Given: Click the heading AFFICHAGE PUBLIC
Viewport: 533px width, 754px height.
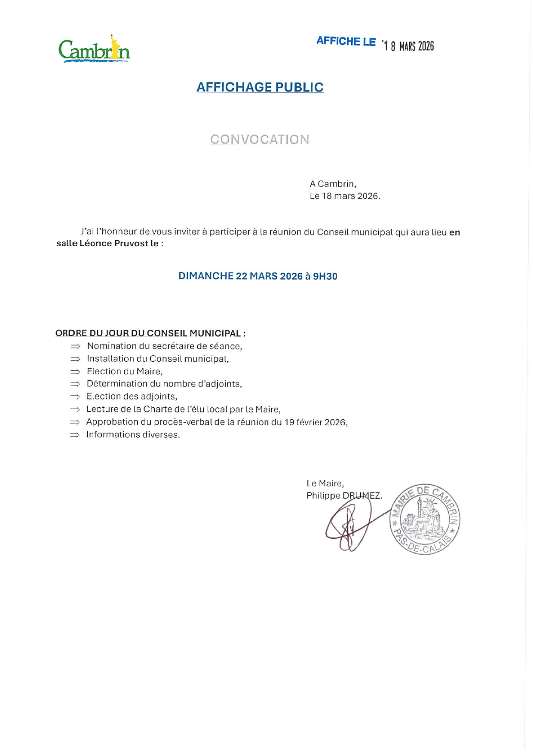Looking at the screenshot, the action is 260,87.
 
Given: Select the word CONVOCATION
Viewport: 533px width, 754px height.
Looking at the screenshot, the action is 260,139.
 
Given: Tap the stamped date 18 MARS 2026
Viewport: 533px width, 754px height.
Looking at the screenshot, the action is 409,46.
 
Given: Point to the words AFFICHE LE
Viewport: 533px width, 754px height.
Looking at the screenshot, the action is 346,41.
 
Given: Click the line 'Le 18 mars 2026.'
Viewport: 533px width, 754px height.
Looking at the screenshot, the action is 345,196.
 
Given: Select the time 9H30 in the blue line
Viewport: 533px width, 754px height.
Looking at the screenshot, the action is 325,276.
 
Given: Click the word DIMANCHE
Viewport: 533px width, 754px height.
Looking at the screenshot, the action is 206,276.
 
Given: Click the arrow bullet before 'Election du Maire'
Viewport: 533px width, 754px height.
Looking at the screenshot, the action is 75,372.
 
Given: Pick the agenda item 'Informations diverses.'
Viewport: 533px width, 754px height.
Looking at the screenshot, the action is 133,435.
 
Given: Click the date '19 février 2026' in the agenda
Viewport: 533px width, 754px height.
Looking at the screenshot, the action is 315,422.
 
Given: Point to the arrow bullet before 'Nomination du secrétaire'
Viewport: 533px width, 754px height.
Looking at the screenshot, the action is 75,346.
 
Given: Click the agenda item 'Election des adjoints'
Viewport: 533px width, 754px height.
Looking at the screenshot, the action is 132,397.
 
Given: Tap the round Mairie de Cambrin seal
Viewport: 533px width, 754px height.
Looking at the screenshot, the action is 425,520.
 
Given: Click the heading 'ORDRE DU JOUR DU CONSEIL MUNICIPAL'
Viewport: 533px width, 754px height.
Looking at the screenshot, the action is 150,333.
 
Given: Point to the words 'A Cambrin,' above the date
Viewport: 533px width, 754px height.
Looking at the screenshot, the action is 333,184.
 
